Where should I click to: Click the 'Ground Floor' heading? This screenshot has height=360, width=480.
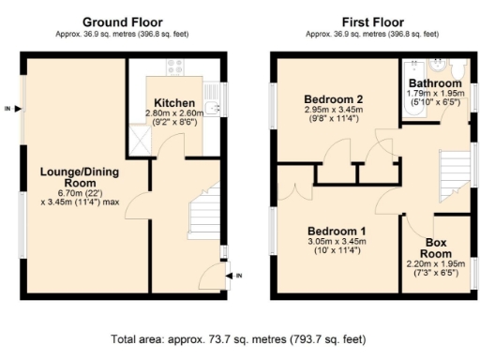[x=121, y=22]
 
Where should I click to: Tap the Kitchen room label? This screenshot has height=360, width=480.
[x=175, y=102]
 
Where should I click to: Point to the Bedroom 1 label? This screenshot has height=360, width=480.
[x=337, y=231]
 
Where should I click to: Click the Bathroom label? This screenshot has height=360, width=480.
[x=434, y=83]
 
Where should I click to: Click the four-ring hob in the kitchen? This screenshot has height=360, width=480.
[x=175, y=67]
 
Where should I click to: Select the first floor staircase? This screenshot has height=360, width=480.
[x=453, y=177]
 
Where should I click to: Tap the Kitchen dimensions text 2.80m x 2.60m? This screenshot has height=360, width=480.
[x=175, y=113]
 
